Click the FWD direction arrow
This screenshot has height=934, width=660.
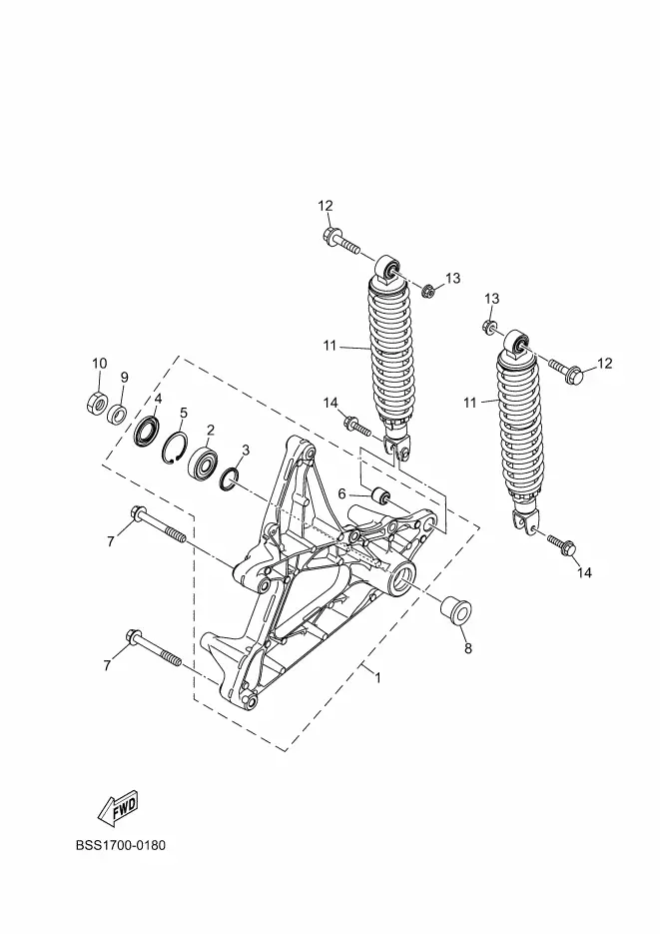pyautogui.click(x=119, y=808)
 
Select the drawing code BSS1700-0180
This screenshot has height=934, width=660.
pyautogui.click(x=121, y=845)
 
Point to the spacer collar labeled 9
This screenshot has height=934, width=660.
pyautogui.click(x=117, y=413)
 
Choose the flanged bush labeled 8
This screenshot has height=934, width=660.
pyautogui.click(x=454, y=612)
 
